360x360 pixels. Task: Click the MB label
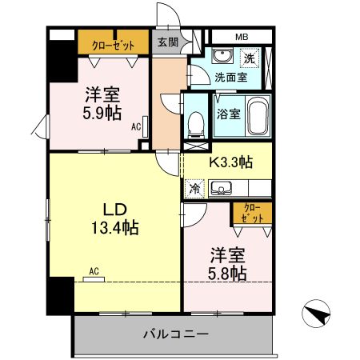point(242,37)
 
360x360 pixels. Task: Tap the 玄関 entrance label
point(168,42)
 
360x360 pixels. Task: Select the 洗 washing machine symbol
point(250,58)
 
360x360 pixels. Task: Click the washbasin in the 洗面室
point(222,55)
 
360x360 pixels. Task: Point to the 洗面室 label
point(231,78)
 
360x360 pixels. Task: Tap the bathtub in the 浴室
point(258,116)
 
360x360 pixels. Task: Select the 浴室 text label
point(229,114)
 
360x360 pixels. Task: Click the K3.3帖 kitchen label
point(230,162)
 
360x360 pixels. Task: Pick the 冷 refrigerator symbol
point(195,189)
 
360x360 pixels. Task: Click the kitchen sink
point(221,189)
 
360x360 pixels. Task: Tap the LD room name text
point(114,210)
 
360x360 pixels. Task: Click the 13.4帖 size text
point(115,227)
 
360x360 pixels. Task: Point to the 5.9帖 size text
point(102,113)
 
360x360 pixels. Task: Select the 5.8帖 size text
point(227,273)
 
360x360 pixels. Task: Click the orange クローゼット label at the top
point(113,46)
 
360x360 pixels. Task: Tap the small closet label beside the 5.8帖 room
point(252,213)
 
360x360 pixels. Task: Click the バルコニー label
point(176,334)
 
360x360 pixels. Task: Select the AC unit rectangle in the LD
point(94,279)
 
